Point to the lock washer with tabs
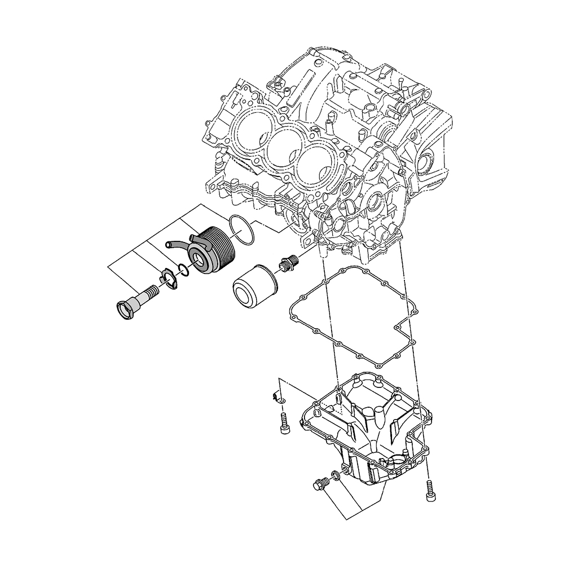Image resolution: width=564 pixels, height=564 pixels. (166, 277)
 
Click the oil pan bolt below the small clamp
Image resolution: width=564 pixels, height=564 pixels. (284, 423)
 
